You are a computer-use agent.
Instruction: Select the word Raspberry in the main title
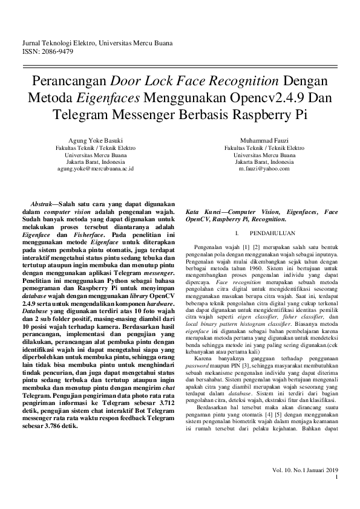point(257,114)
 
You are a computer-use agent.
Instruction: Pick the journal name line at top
point(97,44)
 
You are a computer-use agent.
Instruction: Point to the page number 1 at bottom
point(336,477)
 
